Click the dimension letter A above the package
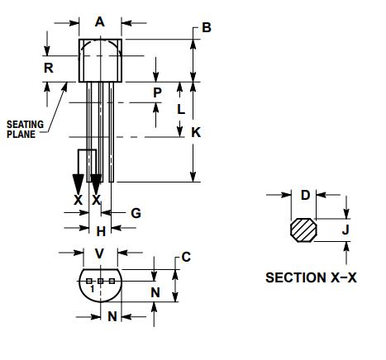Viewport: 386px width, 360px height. pyautogui.click(x=100, y=22)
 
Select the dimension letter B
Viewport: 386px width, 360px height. pyautogui.click(x=207, y=27)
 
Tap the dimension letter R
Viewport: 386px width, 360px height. pyautogui.click(x=49, y=68)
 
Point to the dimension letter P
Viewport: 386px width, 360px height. pyautogui.click(x=157, y=92)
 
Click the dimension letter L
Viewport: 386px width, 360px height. pyautogui.click(x=181, y=108)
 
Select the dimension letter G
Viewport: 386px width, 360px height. pyautogui.click(x=136, y=213)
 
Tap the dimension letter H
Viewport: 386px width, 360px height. pyautogui.click(x=100, y=232)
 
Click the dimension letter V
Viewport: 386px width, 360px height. pyautogui.click(x=100, y=253)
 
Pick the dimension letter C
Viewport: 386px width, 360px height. pyautogui.click(x=186, y=257)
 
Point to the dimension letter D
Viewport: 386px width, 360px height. pyautogui.click(x=305, y=196)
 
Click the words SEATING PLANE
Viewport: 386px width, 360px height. pyautogui.click(x=25, y=130)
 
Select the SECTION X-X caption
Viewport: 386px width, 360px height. pyautogui.click(x=311, y=277)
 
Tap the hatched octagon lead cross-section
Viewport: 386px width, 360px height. pyautogui.click(x=305, y=230)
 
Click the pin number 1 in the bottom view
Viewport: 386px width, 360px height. pyautogui.click(x=92, y=291)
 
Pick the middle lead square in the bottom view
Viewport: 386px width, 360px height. pyautogui.click(x=101, y=282)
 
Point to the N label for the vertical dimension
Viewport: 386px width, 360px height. pyautogui.click(x=154, y=291)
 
